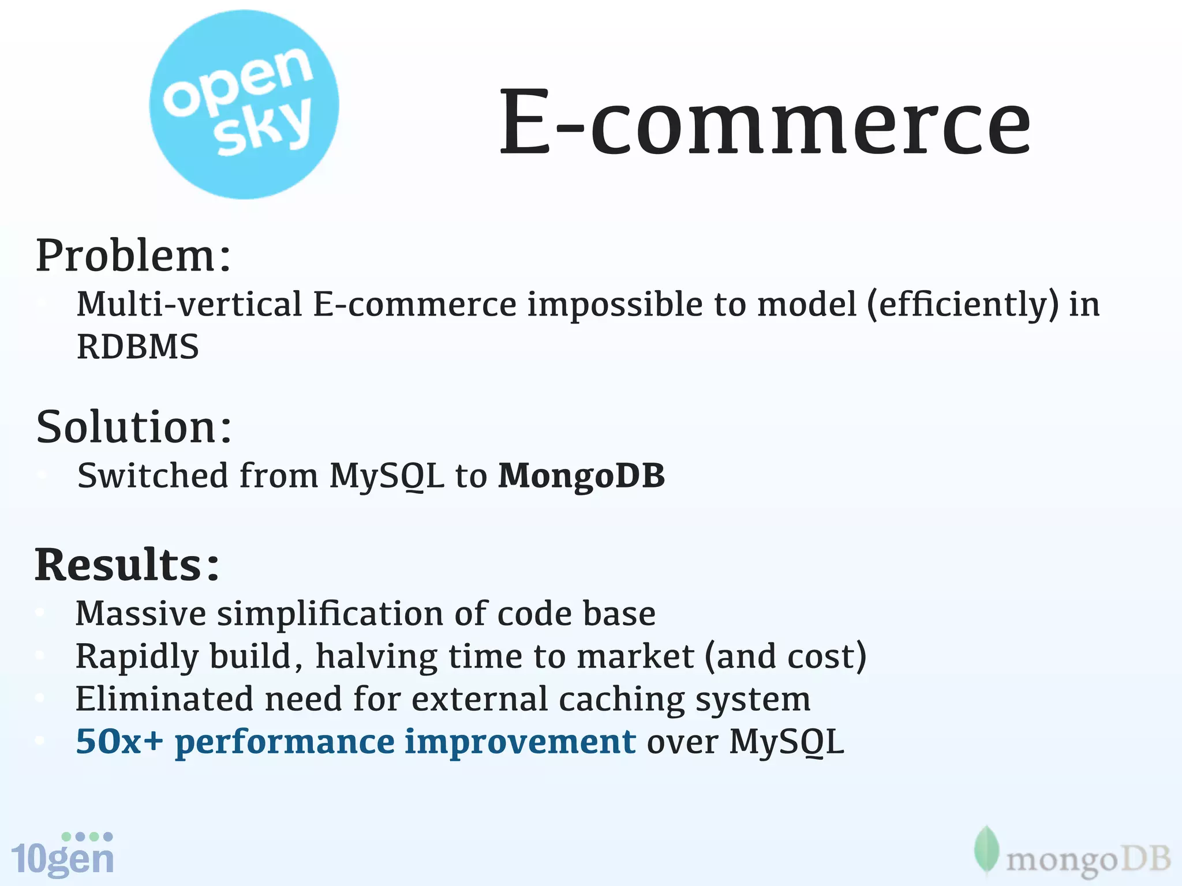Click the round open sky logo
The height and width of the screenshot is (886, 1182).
coord(244,104)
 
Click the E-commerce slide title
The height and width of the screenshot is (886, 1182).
coord(764,122)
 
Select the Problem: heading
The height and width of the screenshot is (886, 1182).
coord(133,256)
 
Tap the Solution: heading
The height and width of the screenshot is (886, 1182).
coord(133,427)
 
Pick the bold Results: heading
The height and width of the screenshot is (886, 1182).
coord(127,565)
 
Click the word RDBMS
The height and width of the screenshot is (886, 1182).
coord(137,347)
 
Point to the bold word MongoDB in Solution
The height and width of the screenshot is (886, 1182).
coord(581,476)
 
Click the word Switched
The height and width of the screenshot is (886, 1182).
coord(153,476)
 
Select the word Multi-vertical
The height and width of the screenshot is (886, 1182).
coord(189,304)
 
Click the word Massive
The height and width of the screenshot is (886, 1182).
coord(140,613)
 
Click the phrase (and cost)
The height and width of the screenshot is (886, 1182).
coord(785,656)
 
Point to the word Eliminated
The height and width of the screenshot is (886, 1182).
coord(164,699)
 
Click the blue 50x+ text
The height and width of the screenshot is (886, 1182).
coord(119,742)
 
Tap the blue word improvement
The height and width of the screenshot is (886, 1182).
coord(520,742)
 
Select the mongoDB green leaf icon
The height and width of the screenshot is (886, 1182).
coord(986,850)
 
